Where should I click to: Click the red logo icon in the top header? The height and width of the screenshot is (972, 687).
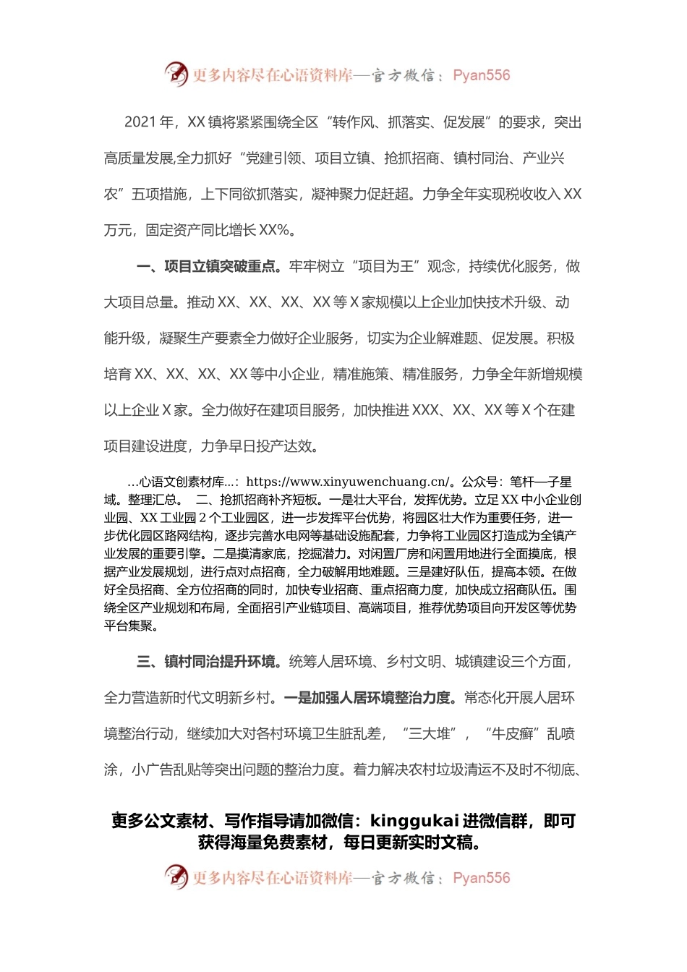click(x=176, y=74)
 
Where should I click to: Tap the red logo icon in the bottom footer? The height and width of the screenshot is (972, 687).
click(x=176, y=877)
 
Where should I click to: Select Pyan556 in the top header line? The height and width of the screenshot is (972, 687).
click(x=481, y=75)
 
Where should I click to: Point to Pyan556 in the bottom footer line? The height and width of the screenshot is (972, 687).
click(x=481, y=878)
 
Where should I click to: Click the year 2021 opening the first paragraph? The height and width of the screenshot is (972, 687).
click(x=140, y=122)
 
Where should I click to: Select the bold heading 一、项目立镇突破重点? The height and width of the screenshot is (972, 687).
click(x=207, y=267)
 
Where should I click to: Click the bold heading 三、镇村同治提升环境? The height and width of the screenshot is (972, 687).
click(x=207, y=662)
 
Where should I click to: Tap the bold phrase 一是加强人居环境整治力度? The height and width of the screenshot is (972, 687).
click(x=370, y=698)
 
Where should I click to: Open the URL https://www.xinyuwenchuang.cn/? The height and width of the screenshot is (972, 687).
click(x=348, y=482)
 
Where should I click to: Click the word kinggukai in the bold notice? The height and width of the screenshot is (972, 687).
click(x=414, y=821)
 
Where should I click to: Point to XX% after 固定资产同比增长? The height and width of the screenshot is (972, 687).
click(x=274, y=231)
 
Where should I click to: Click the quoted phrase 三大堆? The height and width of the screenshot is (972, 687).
click(x=432, y=734)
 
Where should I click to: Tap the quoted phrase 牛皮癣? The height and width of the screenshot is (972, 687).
click(x=513, y=734)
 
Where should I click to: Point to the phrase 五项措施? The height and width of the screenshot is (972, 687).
click(x=159, y=195)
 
